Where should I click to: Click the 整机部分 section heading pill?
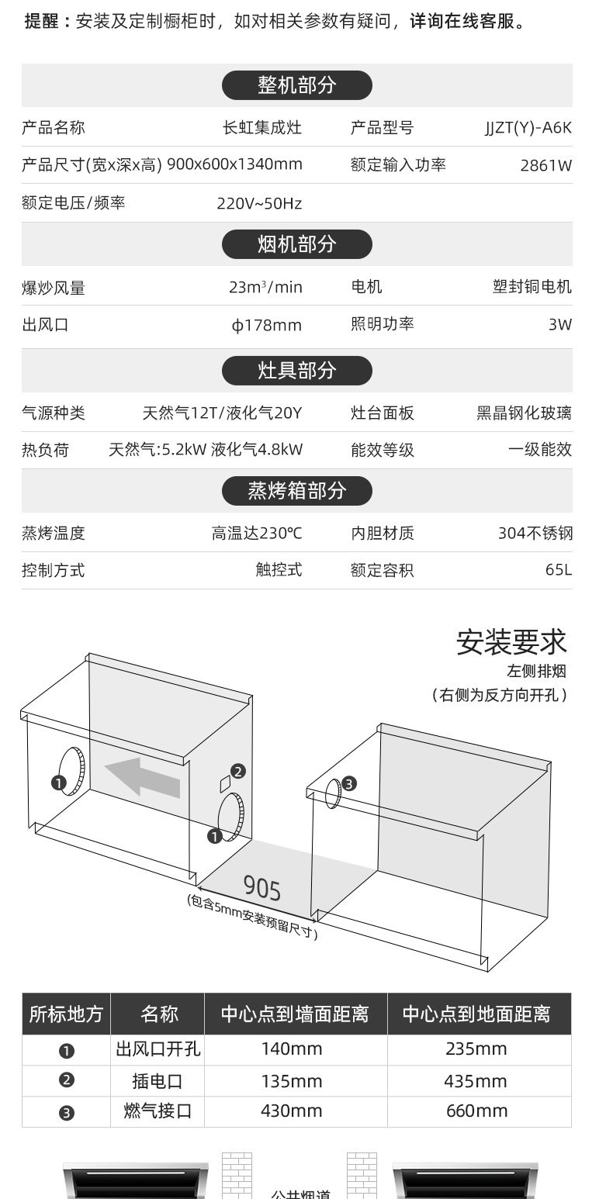296,85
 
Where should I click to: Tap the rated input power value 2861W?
545,165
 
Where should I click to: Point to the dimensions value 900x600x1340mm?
234,164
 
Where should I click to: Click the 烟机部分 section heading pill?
296,244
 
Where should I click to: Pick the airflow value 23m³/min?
265,287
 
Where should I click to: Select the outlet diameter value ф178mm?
267,325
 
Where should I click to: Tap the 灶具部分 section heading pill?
296,370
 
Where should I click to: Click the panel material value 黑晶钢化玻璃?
524,413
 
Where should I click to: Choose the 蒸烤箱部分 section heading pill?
296,490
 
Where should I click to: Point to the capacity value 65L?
558,570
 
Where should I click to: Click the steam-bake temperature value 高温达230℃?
257,534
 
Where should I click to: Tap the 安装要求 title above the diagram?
511,642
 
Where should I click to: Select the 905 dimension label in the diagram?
262,886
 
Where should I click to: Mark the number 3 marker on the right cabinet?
349,783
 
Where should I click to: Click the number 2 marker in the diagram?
238,771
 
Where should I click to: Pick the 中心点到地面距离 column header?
476,1014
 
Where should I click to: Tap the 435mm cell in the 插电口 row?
475,1081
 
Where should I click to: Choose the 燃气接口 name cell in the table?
158,1111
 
